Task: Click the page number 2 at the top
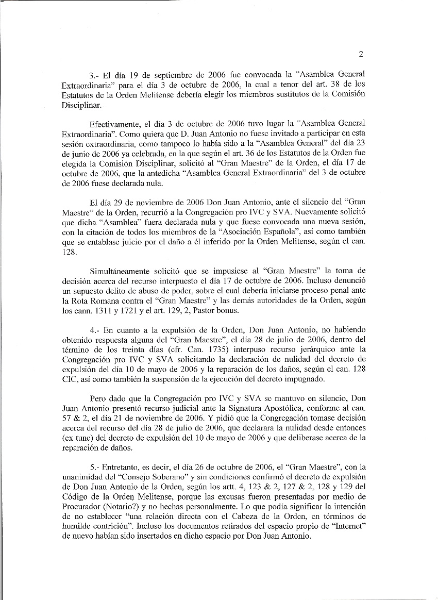point(361,54)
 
